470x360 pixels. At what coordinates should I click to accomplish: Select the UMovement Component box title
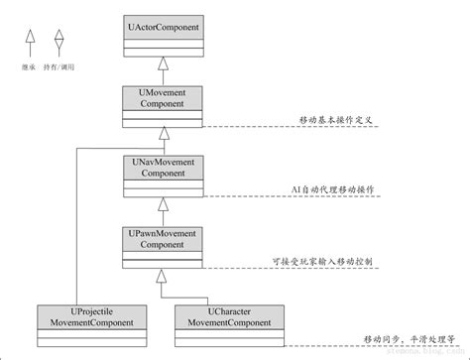click(x=163, y=98)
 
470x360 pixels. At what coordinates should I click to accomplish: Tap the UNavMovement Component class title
click(x=163, y=167)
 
